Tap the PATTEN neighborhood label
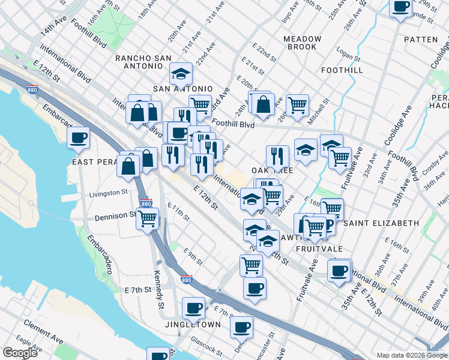point(421,40)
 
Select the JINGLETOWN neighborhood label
point(193,325)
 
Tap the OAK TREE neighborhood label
point(276,170)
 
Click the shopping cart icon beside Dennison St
point(147,218)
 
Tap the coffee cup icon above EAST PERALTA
point(78,137)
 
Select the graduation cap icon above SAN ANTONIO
point(181,73)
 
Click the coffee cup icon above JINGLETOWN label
point(193,308)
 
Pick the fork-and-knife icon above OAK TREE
point(277,155)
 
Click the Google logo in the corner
point(20,352)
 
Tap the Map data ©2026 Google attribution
point(411,355)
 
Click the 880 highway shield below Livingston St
point(145,204)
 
